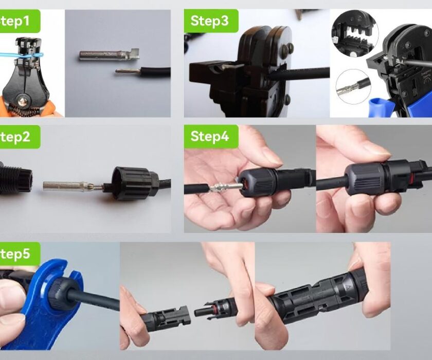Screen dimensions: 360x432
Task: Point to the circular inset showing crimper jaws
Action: pos(355,33)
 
